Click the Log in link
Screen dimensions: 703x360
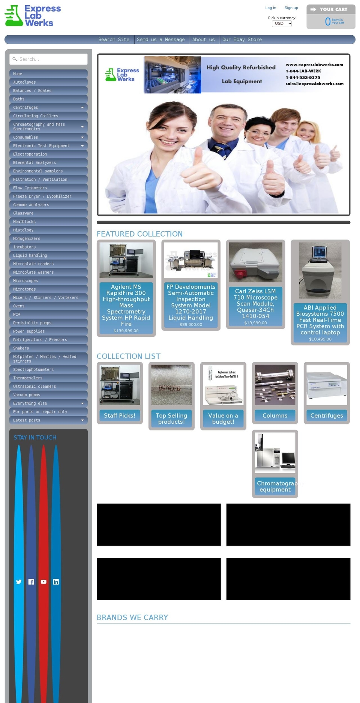(270, 8)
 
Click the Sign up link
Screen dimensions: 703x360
(291, 8)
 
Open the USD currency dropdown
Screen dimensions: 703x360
(282, 24)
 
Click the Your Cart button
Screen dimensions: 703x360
(331, 9)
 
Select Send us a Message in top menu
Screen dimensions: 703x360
(160, 39)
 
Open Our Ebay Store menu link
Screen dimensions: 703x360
(242, 39)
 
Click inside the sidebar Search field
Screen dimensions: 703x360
(49, 59)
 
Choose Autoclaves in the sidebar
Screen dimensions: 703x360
(24, 82)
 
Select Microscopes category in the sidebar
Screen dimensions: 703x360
(25, 281)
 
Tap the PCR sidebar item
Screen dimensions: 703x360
(17, 315)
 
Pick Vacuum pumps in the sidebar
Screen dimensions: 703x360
(27, 395)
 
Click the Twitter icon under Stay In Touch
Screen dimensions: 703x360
(19, 582)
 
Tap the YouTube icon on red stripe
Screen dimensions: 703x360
(43, 582)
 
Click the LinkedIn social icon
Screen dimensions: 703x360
(56, 582)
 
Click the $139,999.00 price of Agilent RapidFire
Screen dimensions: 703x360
(126, 331)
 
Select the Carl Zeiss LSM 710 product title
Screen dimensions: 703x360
(255, 303)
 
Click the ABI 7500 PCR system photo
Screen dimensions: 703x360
(320, 270)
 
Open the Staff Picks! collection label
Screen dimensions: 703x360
(119, 415)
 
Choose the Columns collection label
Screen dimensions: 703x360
(275, 415)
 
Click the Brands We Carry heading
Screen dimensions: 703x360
(132, 618)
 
